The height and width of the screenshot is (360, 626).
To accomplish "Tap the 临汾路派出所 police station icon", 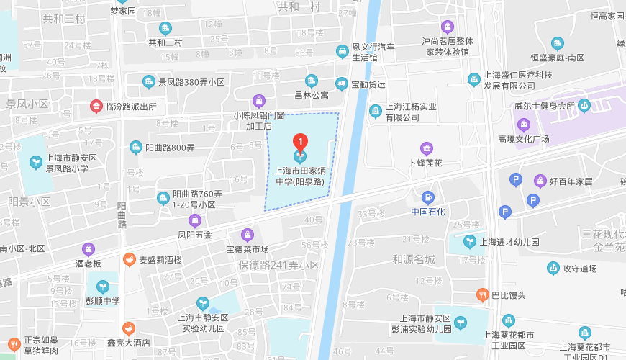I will click(95, 107).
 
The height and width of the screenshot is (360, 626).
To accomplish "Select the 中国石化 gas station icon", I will click(428, 197).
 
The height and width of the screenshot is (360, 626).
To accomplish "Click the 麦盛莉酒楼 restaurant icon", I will click(129, 259).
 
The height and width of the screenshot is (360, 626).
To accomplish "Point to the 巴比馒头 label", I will click(509, 294).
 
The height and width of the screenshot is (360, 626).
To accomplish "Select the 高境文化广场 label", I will click(523, 138).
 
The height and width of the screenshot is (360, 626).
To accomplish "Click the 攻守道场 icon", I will click(553, 269).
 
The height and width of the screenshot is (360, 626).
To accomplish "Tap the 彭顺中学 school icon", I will click(102, 287).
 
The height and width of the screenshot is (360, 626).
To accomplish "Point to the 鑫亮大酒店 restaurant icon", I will click(128, 328).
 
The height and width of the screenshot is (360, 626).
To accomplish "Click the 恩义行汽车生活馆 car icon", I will click(342, 51).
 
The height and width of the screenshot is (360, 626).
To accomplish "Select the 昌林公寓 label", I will click(311, 94).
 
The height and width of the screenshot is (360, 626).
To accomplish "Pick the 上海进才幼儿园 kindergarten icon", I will click(469, 242).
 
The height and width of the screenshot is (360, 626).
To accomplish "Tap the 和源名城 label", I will click(414, 258).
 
